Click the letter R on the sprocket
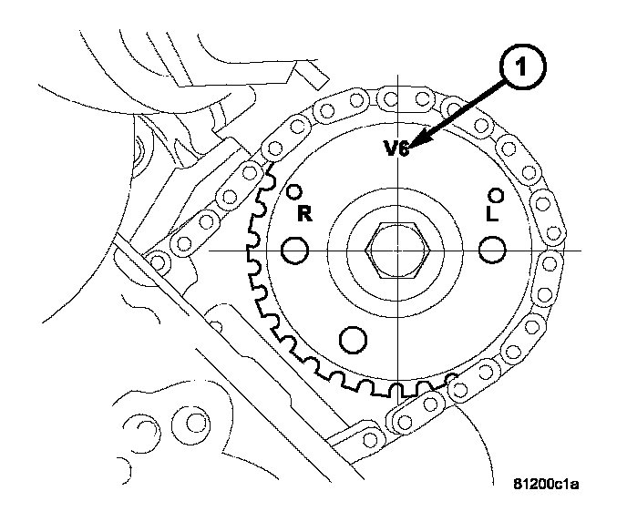[306, 214]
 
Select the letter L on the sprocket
[492, 215]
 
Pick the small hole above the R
[293, 192]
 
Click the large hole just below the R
[295, 250]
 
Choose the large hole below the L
[493, 250]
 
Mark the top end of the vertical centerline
[402, 84]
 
